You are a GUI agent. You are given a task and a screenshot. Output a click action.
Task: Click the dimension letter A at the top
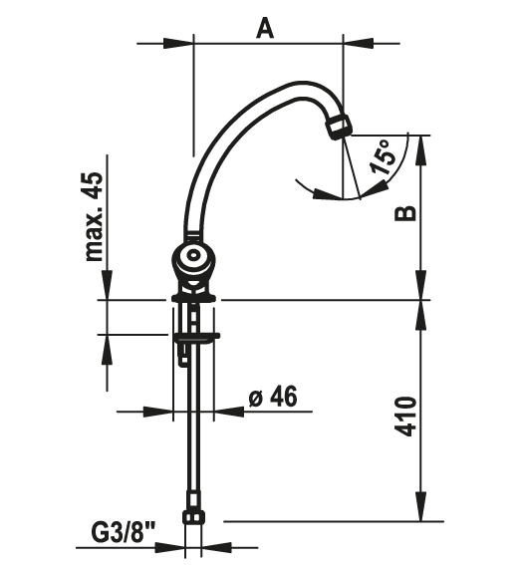(264, 27)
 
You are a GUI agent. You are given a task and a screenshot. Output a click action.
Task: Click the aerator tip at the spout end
(339, 128)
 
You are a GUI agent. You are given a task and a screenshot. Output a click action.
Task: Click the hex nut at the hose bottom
(193, 517)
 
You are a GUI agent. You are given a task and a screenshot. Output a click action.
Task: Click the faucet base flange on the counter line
(194, 296)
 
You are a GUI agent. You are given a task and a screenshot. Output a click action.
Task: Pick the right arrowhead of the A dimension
(354, 42)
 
